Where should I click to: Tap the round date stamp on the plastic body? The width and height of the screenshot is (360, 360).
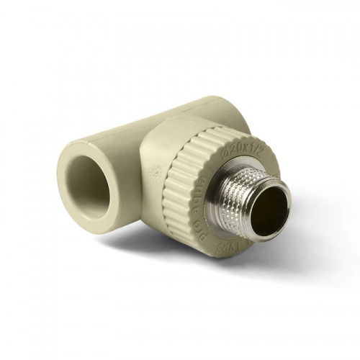click(x=153, y=173)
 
